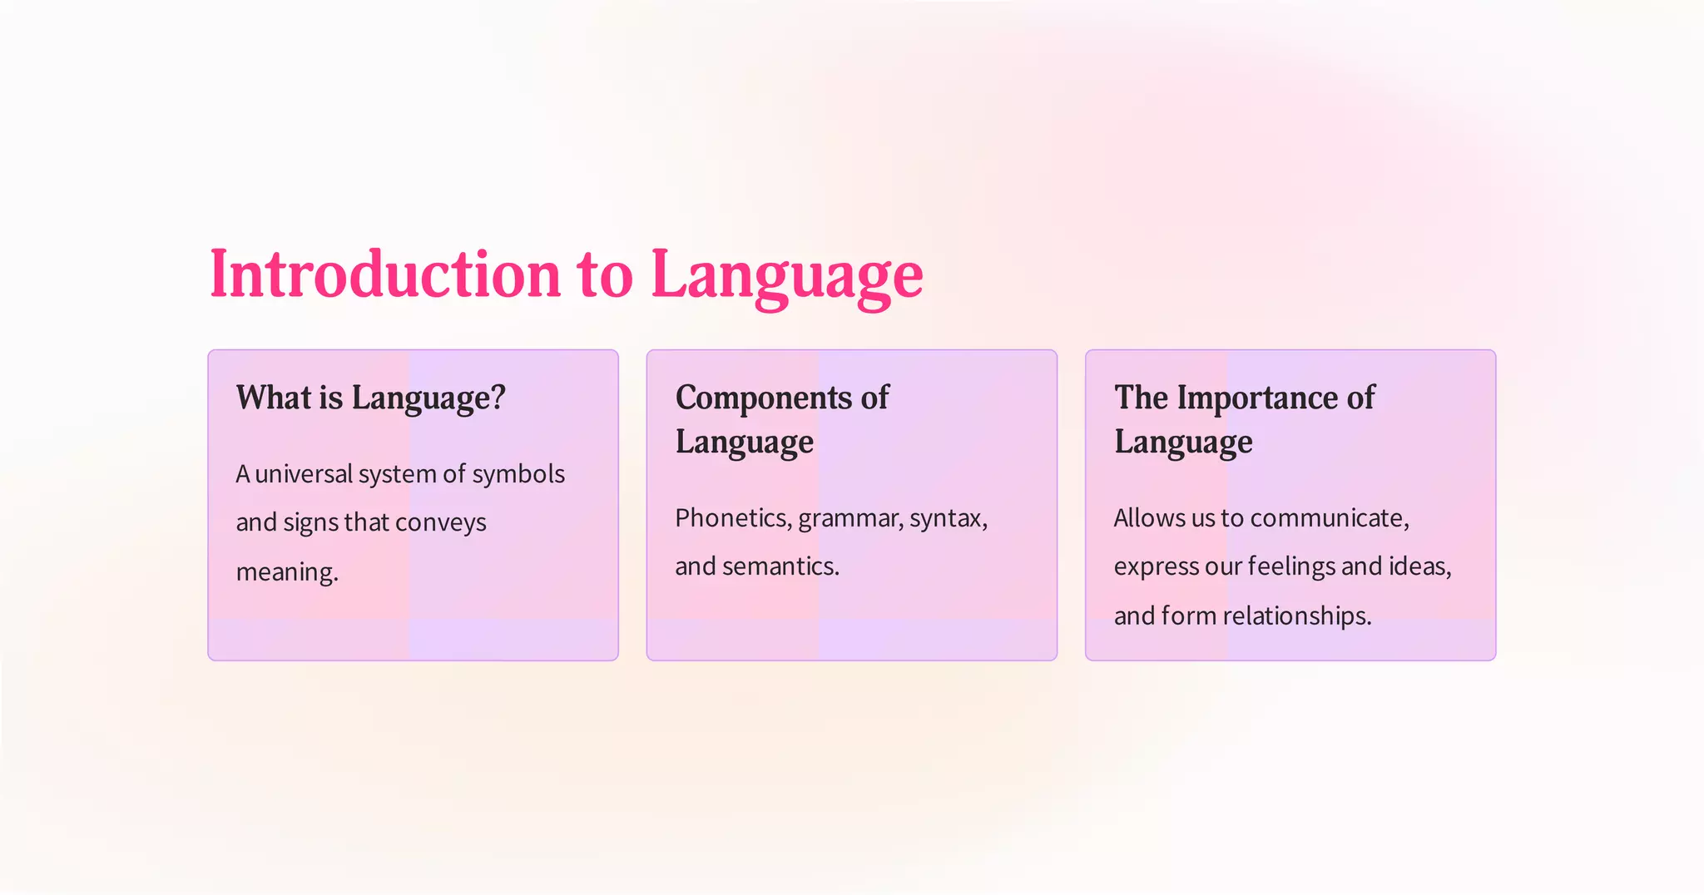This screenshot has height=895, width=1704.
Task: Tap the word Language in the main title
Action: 786,274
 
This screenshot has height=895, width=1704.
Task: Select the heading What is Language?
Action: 370,398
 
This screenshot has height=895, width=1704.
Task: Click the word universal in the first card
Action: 304,474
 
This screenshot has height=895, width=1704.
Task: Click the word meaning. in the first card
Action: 287,571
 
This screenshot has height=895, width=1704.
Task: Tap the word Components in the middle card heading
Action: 764,398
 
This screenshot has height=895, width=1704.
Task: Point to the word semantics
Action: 780,566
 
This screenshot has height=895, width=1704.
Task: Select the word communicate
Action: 1329,518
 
